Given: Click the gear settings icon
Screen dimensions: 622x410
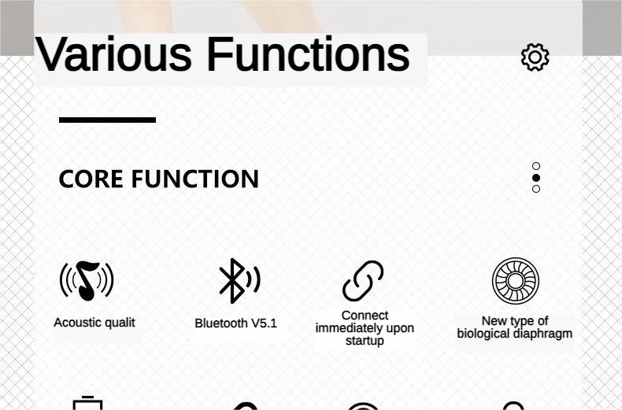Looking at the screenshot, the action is click(535, 57).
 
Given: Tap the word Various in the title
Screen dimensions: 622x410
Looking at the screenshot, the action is click(113, 54).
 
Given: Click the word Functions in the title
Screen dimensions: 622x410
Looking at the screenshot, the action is click(308, 54).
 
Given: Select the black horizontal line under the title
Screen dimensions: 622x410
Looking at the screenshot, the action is click(108, 120).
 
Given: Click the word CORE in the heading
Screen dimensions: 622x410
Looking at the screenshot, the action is click(91, 179).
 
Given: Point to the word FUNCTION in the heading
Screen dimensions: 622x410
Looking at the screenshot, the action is click(195, 179).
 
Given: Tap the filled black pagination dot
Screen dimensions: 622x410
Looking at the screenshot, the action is click(536, 178).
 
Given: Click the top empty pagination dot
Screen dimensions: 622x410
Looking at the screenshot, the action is click(536, 166).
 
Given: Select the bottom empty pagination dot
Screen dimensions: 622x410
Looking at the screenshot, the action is click(536, 189).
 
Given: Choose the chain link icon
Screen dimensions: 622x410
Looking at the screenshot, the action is click(363, 281).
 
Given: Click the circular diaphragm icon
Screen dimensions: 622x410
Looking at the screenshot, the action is click(515, 281).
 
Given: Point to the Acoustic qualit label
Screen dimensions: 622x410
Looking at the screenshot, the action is click(94, 323).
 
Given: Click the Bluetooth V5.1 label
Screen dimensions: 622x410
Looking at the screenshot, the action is click(235, 323).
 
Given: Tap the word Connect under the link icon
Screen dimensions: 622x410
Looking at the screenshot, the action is click(365, 316).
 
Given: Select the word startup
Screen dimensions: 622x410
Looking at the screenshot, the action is click(365, 341).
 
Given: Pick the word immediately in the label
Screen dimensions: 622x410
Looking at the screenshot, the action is click(344, 328).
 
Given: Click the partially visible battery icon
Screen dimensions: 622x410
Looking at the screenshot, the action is click(87, 403).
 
